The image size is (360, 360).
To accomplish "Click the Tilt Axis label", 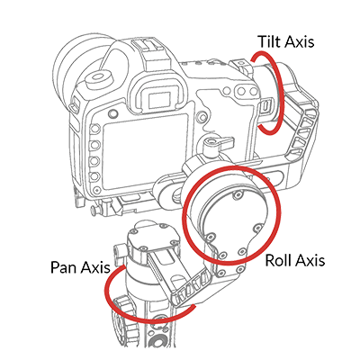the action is tap(286, 41).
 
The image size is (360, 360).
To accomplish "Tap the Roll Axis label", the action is tap(295, 260).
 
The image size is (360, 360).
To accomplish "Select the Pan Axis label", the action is tap(80, 266).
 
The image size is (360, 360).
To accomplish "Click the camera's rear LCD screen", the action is tap(146, 151).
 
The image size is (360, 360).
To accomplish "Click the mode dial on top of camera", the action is tap(99, 78).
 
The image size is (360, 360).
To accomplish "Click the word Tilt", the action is tap(269, 41).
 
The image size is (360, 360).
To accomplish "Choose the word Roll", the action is tap(278, 260).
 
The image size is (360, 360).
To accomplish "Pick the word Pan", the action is tap(63, 266).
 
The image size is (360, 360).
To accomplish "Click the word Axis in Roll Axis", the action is tap(310, 260).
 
